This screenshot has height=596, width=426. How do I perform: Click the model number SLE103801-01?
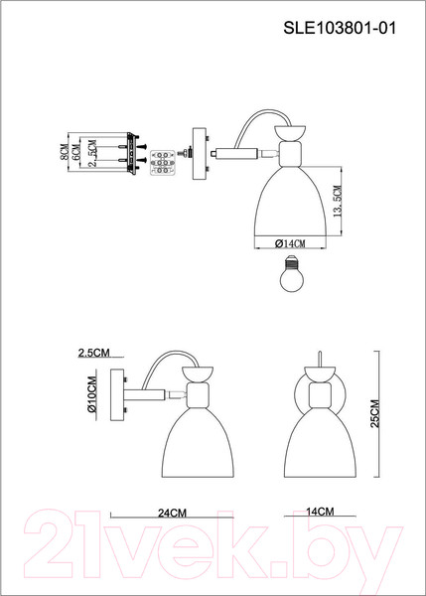pyautogui.click(x=340, y=28)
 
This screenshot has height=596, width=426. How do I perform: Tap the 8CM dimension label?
pyautogui.click(x=65, y=152)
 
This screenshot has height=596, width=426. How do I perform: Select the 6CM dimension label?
pyautogui.click(x=76, y=152)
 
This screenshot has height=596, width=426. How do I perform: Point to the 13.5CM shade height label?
pyautogui.click(x=337, y=201)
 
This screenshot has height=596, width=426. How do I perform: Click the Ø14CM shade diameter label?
pyautogui.click(x=290, y=243)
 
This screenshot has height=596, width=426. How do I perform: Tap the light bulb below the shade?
pyautogui.click(x=291, y=273)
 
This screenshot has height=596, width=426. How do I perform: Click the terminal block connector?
pyautogui.click(x=164, y=163)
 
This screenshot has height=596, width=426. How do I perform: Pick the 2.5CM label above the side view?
pyautogui.click(x=94, y=353)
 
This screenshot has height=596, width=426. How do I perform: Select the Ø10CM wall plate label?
pyautogui.click(x=92, y=393)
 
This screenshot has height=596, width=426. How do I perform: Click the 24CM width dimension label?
pyautogui.click(x=172, y=514)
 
